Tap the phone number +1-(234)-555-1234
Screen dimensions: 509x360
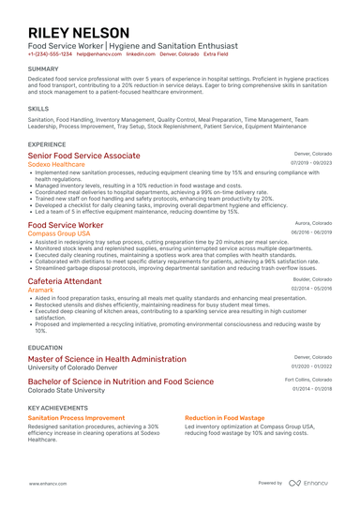point(50,54)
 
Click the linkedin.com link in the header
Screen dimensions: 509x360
point(141,54)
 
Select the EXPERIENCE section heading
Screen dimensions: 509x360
point(47,144)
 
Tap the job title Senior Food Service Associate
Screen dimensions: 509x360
point(84,155)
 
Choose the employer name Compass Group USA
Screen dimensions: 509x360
point(59,232)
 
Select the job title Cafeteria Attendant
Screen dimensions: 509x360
point(65,281)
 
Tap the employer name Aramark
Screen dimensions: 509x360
point(41,291)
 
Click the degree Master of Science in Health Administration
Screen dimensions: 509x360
point(107,359)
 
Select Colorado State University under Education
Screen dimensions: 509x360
point(67,390)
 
